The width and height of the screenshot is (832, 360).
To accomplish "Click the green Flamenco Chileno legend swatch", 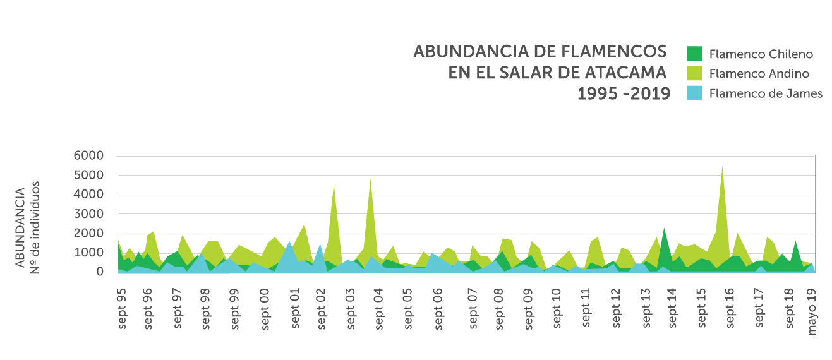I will tap(694, 54).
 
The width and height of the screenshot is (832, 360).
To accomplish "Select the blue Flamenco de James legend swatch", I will tap(694, 93).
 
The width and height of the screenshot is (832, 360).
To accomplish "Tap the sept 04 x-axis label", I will tap(378, 308).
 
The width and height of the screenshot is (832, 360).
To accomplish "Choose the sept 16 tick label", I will tap(729, 308).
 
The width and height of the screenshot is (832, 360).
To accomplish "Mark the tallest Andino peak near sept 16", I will tap(722, 167).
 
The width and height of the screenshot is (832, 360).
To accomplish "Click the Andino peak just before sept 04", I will tap(370, 180).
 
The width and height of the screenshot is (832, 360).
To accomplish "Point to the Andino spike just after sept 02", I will tap(334, 186).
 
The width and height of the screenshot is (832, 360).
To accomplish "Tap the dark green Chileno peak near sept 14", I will tap(664, 229).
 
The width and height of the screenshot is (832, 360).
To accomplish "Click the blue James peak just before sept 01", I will tap(289, 243).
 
